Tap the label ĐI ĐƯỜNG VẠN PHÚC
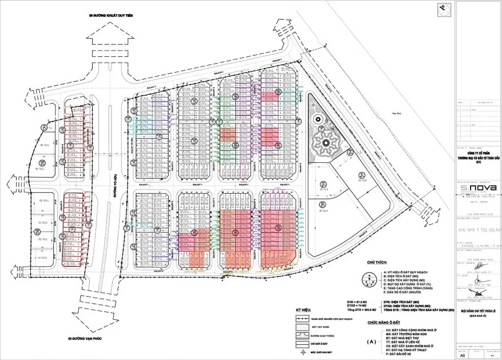pos(87,338)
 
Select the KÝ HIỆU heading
pos(305,310)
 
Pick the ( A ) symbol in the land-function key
pos(371,342)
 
